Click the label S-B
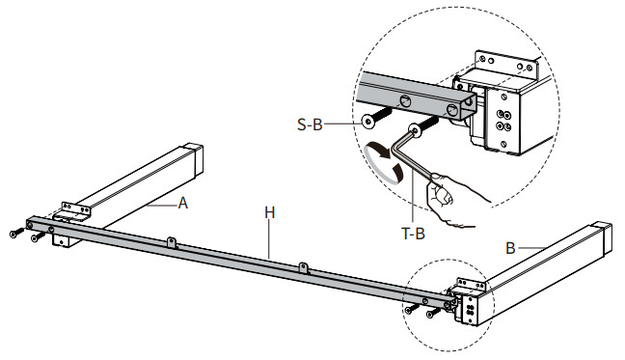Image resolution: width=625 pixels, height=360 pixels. [x=310, y=125]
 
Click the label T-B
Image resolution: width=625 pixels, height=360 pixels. [x=413, y=234]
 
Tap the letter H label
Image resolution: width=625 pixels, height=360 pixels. [x=270, y=213]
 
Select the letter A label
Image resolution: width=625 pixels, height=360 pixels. [x=182, y=203]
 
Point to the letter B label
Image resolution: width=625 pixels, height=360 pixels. [x=510, y=248]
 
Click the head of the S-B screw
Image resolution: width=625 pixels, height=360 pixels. [x=367, y=121]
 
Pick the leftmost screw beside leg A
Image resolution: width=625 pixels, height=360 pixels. [x=16, y=233]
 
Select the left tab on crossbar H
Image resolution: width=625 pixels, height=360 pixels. [x=172, y=242]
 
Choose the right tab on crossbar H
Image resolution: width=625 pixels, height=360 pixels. [x=304, y=268]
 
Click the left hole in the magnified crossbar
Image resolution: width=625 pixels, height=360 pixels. [x=405, y=101]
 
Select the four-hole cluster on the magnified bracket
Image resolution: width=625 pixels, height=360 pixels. [x=503, y=121]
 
